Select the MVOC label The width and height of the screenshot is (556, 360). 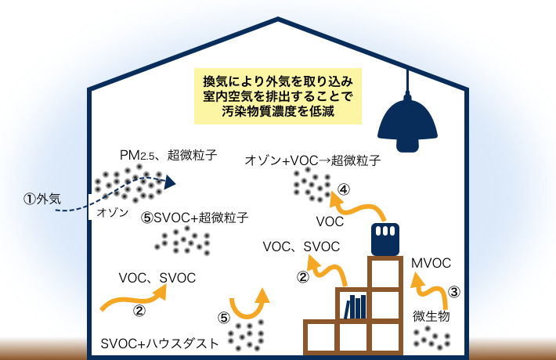click(431, 263)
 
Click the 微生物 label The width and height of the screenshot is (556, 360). click(431, 316)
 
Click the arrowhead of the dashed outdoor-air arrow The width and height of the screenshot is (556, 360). click(169, 182)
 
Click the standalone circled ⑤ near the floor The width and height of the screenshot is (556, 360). click(223, 319)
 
